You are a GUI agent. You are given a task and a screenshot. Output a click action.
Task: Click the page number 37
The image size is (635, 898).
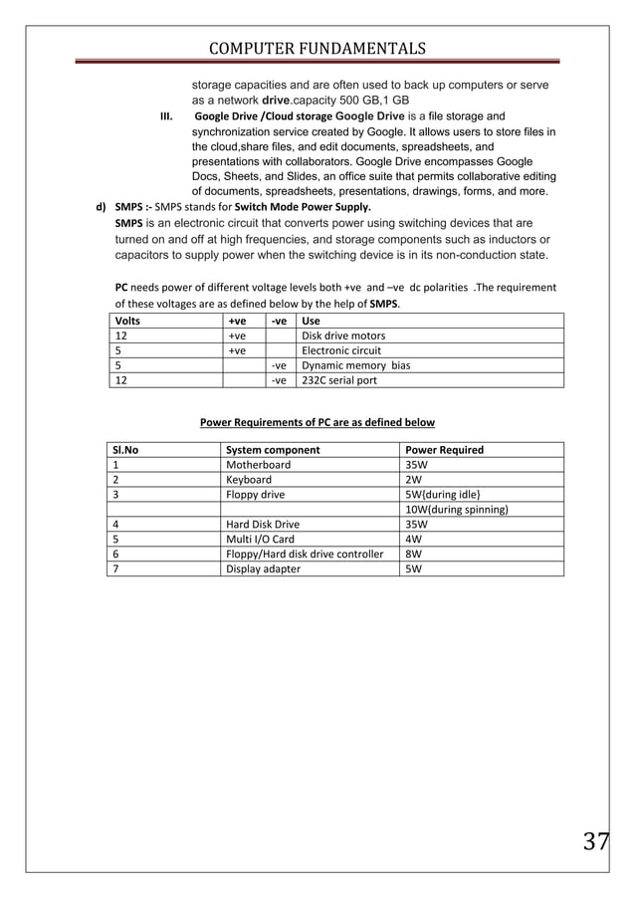tap(596, 841)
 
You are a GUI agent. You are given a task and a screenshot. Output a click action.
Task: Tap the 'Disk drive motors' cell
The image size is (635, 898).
tap(343, 336)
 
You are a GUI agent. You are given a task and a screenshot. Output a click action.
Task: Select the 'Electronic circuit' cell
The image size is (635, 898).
tap(341, 350)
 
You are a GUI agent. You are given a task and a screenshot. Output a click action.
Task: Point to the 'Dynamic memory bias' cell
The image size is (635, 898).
tap(355, 365)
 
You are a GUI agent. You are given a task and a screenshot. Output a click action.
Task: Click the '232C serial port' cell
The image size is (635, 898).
tap(339, 380)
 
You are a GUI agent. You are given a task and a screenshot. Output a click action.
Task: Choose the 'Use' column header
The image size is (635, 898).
tap(311, 321)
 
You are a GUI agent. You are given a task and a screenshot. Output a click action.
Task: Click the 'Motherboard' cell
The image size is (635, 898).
tap(259, 465)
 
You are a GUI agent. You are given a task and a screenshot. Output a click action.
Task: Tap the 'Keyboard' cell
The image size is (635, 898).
tap(249, 480)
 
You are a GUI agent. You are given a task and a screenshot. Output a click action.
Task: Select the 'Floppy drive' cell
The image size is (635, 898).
tap(255, 495)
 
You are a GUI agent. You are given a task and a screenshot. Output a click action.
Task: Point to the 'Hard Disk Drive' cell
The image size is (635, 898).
tap(263, 524)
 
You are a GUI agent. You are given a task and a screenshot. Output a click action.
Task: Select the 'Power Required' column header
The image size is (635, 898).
tap(444, 450)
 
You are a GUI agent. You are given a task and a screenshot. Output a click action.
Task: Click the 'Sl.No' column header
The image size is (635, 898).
tap(126, 450)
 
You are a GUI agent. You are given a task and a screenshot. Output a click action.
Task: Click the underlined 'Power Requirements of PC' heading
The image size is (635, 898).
tap(317, 422)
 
